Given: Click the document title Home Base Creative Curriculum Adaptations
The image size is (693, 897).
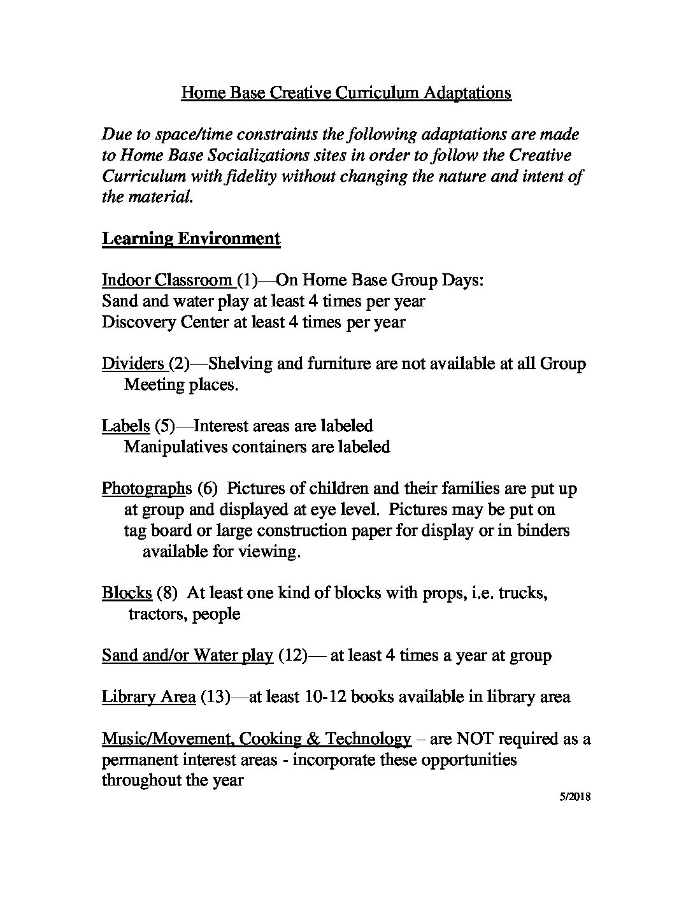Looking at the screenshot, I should (346, 93).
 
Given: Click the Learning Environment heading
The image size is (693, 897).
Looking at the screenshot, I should (191, 239).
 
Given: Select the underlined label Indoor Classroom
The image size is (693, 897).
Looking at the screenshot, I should (168, 280).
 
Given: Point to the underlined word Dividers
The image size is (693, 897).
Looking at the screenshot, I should (133, 364).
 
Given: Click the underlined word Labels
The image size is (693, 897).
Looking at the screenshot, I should (126, 426).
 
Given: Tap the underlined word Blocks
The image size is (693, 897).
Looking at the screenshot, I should (127, 593).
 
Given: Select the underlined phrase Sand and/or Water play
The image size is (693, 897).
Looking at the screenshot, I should (187, 656).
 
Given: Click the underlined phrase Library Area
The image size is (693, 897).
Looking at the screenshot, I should (148, 697).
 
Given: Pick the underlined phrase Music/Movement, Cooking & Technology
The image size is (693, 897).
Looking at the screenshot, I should (256, 739).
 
